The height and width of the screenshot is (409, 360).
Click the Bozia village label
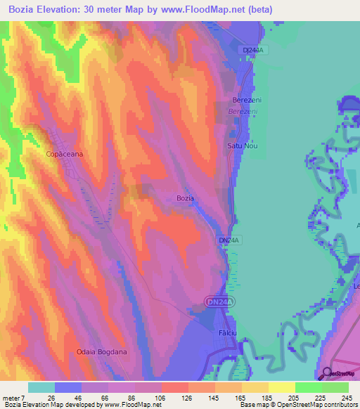(x=185, y=198)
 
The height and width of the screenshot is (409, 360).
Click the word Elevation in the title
(x=70, y=10)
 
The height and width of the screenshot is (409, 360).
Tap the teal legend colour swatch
(x=41, y=387)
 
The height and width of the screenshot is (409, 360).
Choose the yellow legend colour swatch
(x=281, y=387)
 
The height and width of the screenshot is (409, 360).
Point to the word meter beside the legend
(x=11, y=397)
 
